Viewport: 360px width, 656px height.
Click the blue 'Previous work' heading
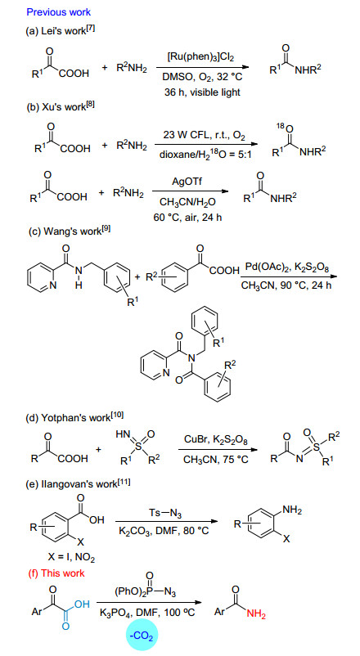tap(59, 11)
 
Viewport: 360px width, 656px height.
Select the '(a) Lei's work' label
tap(61, 31)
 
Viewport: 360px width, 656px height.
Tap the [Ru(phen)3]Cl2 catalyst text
tap(202, 57)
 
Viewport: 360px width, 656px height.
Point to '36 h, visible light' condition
tap(202, 92)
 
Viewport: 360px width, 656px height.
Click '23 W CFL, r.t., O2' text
tap(204, 136)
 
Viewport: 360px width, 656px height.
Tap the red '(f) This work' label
tap(56, 573)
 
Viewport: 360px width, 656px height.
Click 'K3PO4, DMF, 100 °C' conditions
tap(149, 613)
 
